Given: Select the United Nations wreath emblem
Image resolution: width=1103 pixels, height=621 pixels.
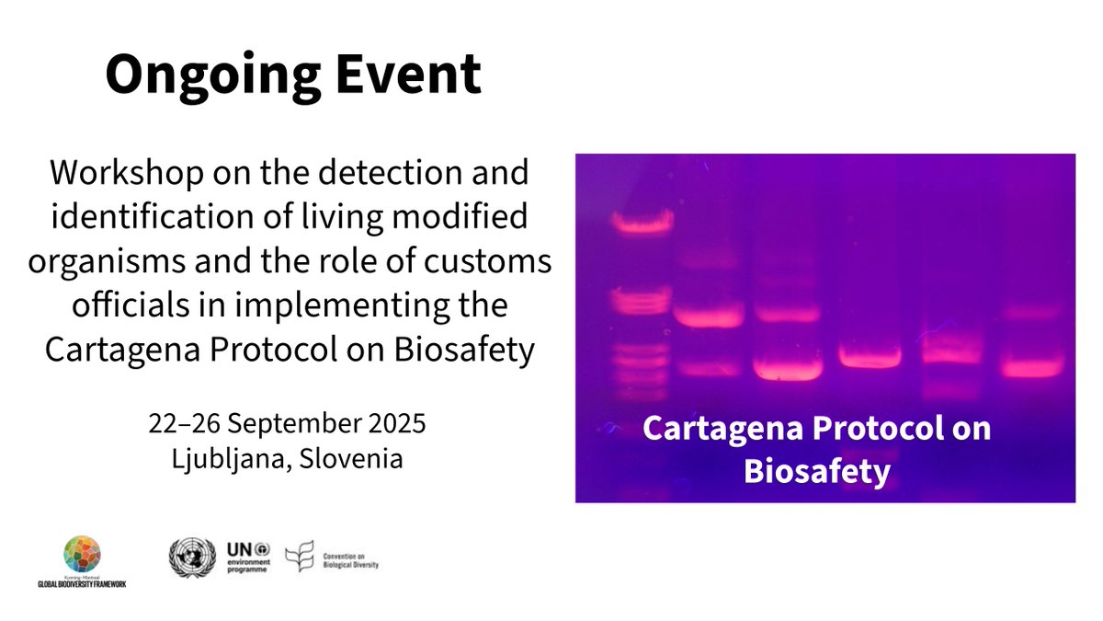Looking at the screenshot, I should (x=191, y=558).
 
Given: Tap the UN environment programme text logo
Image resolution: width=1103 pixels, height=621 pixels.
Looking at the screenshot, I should (x=248, y=558).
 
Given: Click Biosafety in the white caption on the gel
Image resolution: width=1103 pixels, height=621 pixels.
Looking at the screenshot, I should (x=817, y=471).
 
